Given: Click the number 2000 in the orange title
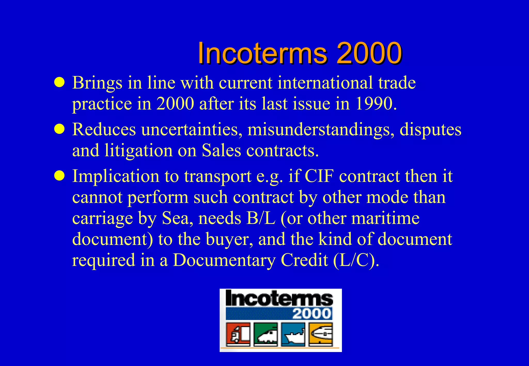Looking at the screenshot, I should coord(369,53).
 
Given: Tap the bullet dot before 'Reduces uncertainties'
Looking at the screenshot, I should coord(59,129).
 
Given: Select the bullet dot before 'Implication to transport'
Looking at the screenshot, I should coord(59,176).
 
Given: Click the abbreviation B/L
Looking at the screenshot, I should coord(261,218).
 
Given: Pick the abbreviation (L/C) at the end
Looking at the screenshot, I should coord(356,260).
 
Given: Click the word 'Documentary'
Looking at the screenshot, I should coord(224,260).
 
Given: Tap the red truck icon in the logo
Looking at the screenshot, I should coord(238,334).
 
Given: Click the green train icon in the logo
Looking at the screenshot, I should coord(266,334).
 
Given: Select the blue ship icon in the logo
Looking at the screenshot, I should coord(293,334).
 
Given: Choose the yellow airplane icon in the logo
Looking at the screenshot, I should coord(321,334).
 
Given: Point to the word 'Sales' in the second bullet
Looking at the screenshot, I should coord(221,150).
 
